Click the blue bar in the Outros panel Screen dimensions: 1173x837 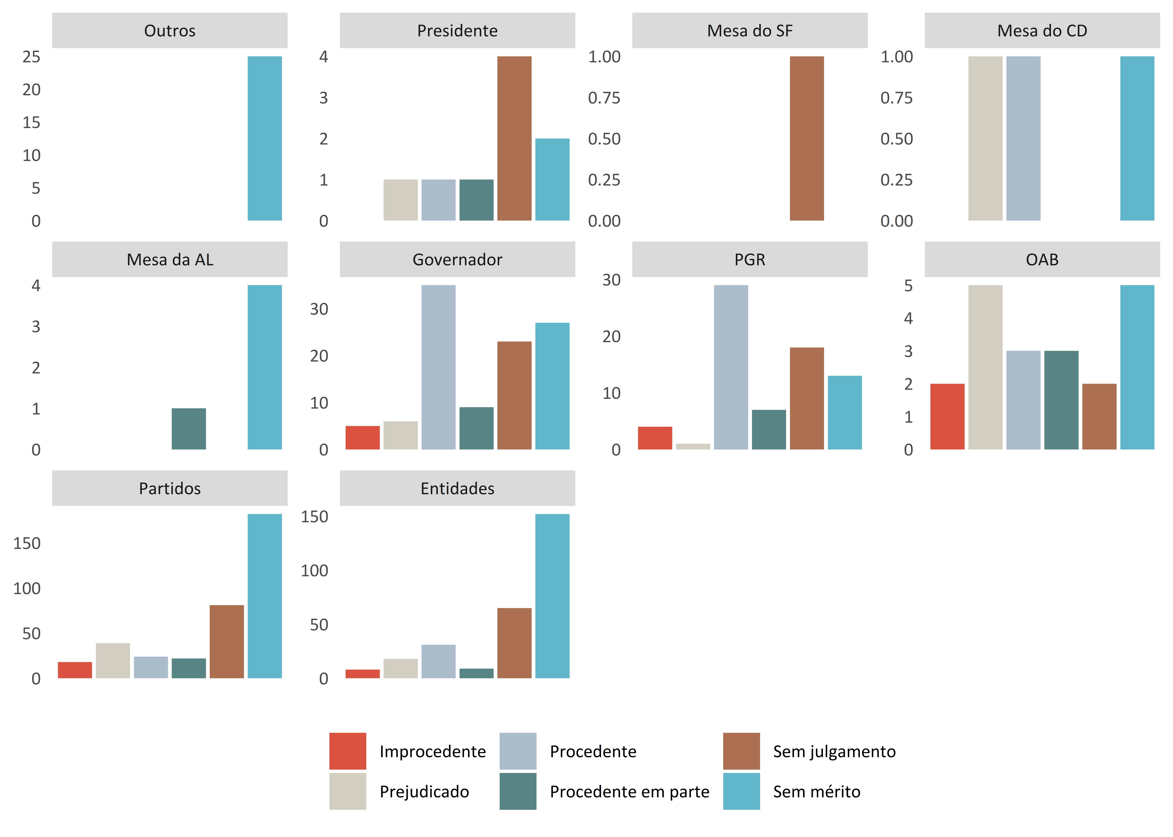pos(265,138)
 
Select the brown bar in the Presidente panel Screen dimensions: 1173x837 pos(514,138)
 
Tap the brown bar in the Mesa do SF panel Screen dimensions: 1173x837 pos(807,138)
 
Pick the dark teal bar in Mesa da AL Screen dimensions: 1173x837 pos(189,429)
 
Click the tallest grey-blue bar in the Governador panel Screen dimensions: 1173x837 pos(438,367)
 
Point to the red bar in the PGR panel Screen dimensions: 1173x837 pos(655,438)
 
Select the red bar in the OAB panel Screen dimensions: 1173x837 pos(948,416)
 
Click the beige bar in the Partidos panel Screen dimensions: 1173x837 pos(113,661)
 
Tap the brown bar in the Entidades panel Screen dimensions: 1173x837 pos(514,643)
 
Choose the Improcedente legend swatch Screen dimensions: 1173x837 pos(348,751)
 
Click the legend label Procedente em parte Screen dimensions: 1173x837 pos(629,792)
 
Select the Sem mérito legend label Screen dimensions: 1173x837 pos(816,792)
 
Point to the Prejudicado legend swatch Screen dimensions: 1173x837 pos(348,791)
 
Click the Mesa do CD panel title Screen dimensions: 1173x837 pos(1042,30)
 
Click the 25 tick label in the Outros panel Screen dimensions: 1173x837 pos(31,57)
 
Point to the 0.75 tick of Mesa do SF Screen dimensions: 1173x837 pos(604,97)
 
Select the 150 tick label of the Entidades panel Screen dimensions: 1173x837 pos(315,516)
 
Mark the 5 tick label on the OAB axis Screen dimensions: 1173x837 pos(908,286)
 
